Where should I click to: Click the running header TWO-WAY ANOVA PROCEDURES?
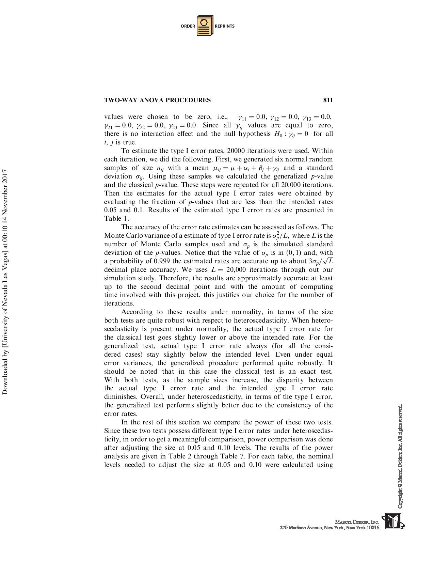click(157, 100)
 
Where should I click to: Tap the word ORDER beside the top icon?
click(188, 26)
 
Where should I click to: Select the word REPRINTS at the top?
click(225, 26)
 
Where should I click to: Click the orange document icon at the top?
click(205, 26)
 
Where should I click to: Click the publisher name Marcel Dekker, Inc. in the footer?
click(357, 522)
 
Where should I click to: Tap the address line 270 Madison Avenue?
click(329, 528)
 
